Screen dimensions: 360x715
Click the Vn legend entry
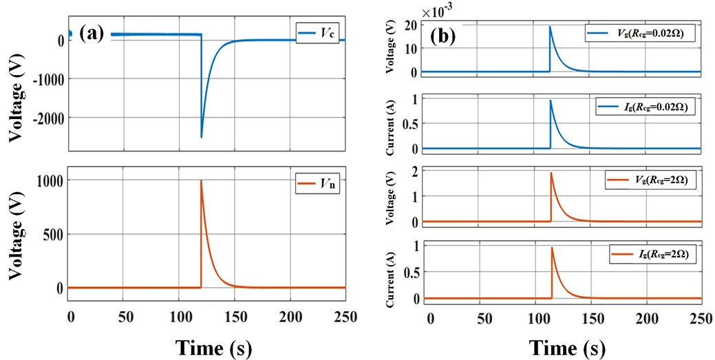(x=309, y=182)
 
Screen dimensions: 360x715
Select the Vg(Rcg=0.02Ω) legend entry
(x=639, y=32)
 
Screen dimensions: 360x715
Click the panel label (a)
(x=92, y=32)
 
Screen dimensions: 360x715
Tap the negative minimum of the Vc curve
(x=202, y=137)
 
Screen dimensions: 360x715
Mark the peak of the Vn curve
(x=201, y=181)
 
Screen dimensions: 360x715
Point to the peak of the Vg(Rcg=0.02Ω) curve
(x=550, y=27)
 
